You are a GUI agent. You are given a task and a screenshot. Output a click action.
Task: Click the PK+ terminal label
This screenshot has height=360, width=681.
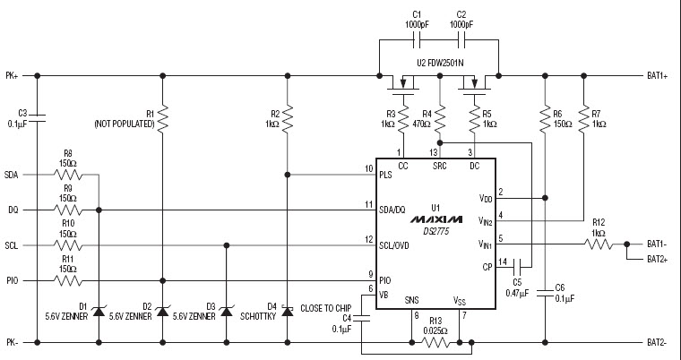(x=13, y=75)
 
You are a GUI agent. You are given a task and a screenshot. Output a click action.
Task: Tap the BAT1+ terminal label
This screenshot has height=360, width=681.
(x=659, y=75)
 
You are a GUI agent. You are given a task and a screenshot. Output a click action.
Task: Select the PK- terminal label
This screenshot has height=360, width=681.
(x=12, y=342)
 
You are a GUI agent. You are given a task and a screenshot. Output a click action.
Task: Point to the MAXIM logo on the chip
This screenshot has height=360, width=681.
(x=435, y=219)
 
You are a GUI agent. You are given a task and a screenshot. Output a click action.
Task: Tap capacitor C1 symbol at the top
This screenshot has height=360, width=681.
(x=416, y=41)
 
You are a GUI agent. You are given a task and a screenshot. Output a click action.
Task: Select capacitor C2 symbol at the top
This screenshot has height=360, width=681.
(x=461, y=41)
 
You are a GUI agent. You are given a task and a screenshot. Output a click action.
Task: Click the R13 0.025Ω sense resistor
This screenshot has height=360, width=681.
(x=437, y=341)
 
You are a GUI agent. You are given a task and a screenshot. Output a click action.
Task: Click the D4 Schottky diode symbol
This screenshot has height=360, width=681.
(x=287, y=310)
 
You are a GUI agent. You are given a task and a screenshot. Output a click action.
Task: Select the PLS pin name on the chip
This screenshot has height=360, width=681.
(x=386, y=175)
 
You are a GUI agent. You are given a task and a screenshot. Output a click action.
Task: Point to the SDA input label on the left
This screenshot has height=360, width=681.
(x=12, y=174)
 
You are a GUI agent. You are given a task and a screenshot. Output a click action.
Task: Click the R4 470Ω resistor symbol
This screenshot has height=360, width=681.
(x=439, y=117)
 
